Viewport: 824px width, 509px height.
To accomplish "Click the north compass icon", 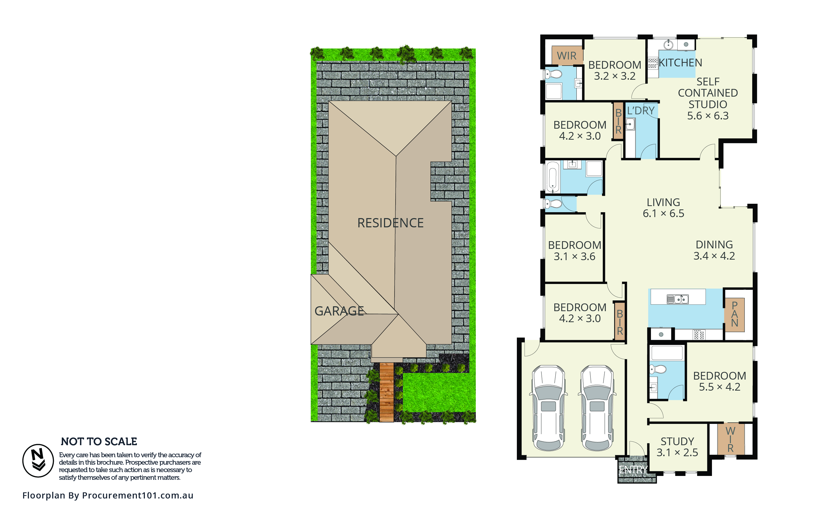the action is tap(38, 461).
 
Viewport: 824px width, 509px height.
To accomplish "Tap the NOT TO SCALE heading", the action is tap(99, 441).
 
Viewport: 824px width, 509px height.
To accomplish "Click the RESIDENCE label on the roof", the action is tap(390, 223).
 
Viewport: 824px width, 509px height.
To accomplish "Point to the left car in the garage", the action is tap(549, 408).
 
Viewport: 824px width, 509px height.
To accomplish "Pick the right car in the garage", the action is tap(597, 408).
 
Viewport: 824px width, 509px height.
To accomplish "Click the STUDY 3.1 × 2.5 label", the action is tap(677, 447).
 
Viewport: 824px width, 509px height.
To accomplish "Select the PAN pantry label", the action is tap(735, 314).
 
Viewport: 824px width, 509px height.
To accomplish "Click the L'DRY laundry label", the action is tap(640, 110).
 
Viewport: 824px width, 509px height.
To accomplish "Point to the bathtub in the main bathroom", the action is tap(552, 177).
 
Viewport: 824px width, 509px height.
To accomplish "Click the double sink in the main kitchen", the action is tap(678, 299).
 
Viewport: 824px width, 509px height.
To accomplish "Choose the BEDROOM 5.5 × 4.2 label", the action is tap(720, 381).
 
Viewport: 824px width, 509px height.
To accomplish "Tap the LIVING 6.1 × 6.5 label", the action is tap(663, 208).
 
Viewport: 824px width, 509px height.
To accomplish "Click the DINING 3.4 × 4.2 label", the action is tap(714, 250).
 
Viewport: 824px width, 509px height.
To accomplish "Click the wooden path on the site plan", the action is tap(387, 392).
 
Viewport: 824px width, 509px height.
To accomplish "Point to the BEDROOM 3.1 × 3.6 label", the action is tap(575, 250).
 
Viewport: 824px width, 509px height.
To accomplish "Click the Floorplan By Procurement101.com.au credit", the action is tap(108, 495).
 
